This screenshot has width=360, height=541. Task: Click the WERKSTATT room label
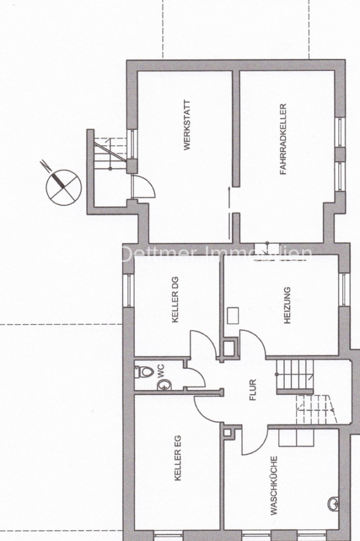tap(187, 125)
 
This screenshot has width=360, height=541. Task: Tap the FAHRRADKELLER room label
tap(283, 139)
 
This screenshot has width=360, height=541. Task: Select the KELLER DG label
tap(175, 299)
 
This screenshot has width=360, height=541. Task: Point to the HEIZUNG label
tap(287, 305)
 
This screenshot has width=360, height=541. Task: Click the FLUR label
tap(253, 390)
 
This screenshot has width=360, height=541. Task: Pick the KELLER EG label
tap(177, 457)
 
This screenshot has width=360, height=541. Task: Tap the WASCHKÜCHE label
tap(274, 486)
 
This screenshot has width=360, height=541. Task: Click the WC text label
tap(160, 370)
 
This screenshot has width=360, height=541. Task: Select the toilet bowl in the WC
tap(144, 371)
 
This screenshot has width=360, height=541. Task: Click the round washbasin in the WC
tap(164, 385)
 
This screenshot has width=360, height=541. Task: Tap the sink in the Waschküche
tap(334, 504)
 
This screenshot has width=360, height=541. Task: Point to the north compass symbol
tap(63, 187)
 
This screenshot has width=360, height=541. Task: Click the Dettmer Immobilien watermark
tap(216, 254)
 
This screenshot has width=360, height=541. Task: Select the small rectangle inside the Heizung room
tap(233, 316)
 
